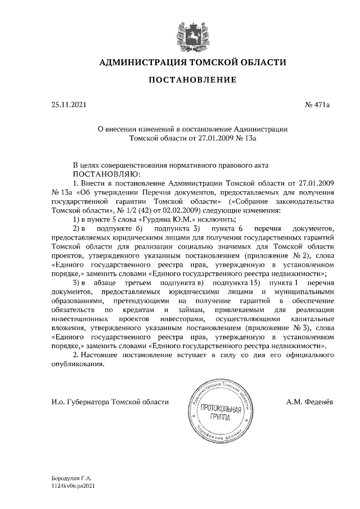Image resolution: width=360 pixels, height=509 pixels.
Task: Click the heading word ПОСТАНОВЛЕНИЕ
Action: click(192, 80)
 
